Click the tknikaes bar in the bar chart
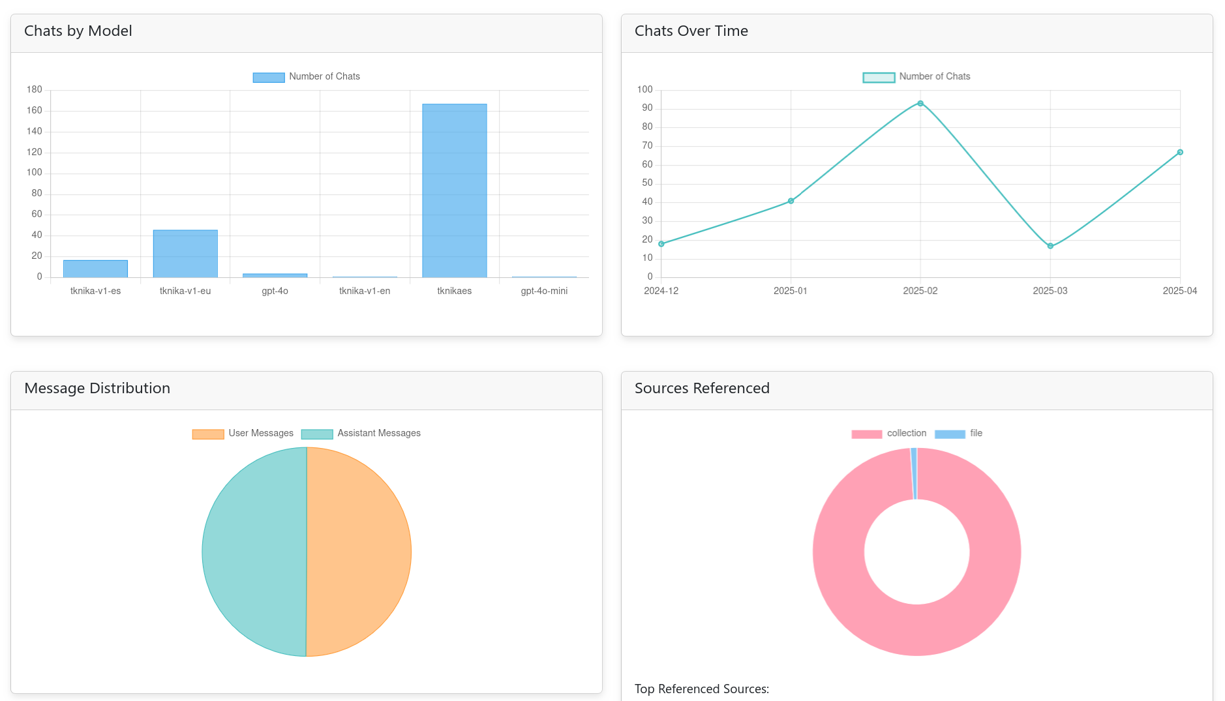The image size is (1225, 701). point(454,190)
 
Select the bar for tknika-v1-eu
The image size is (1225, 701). point(185,254)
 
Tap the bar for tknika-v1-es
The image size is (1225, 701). point(95,269)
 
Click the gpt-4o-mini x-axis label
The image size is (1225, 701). point(544,291)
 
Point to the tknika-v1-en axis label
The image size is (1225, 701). point(365,291)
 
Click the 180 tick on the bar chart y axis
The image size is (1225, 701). point(34,89)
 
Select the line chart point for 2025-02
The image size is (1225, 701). point(920,104)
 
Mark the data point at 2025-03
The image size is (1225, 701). point(1050,246)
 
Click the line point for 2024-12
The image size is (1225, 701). point(661,244)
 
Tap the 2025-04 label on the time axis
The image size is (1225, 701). point(1179,291)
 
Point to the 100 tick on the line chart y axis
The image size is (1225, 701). point(644,89)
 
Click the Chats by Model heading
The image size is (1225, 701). point(78,31)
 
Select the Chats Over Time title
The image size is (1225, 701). point(691,31)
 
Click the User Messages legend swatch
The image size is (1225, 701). point(208,434)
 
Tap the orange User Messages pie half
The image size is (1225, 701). point(359,552)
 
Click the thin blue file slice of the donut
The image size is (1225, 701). point(914,473)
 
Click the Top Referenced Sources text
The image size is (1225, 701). point(701,689)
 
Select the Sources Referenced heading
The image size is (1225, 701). point(702,388)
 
